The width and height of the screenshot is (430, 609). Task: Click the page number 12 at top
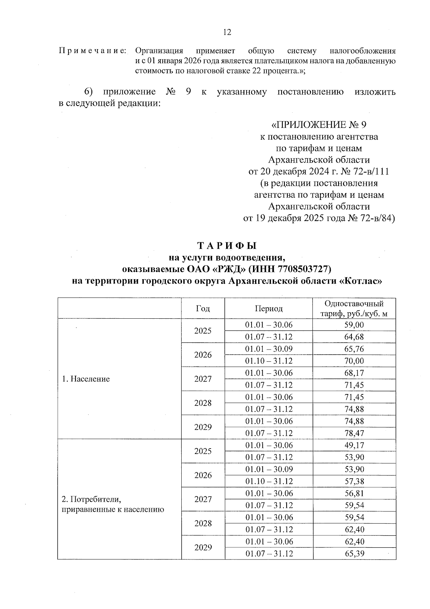(x=227, y=32)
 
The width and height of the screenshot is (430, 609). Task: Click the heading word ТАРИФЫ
(x=227, y=246)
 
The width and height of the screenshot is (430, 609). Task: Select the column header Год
(x=203, y=308)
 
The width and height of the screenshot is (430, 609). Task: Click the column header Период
(x=269, y=309)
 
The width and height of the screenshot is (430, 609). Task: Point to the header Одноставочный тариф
(x=354, y=309)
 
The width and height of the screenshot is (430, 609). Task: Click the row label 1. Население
(x=86, y=379)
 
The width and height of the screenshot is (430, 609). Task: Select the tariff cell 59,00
(x=354, y=325)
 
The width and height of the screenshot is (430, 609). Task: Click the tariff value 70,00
(x=354, y=361)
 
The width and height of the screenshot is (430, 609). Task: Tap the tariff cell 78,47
(x=354, y=433)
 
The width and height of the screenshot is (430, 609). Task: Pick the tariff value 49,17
(x=354, y=445)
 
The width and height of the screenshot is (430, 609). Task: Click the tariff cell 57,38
(x=354, y=481)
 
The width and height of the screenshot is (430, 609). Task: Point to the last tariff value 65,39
(x=354, y=553)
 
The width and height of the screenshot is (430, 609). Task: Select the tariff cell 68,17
(x=354, y=373)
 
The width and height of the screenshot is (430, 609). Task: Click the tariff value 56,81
(x=354, y=493)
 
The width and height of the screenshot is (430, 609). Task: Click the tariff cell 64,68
(x=354, y=337)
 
